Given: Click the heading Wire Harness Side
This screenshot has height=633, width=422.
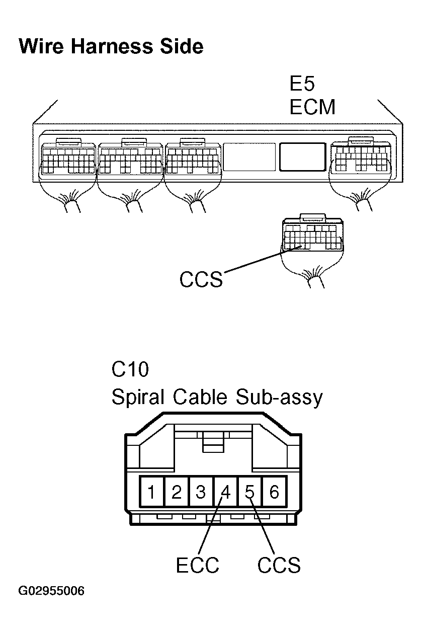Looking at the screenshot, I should click(111, 46).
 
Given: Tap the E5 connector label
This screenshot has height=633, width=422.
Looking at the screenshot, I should click(302, 84).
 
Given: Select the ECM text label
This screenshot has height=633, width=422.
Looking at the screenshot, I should click(312, 107).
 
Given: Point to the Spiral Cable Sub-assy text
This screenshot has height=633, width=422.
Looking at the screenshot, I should click(216, 398).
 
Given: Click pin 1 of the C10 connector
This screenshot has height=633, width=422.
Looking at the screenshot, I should click(151, 492).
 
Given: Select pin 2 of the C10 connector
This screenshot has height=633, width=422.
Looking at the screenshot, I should click(176, 492).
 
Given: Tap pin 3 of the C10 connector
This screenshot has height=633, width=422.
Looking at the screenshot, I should click(201, 492).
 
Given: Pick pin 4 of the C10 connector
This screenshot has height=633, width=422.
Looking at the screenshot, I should click(225, 492).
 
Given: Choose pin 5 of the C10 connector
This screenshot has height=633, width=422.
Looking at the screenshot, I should click(250, 492).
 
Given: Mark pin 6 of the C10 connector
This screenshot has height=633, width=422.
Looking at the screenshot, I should click(274, 492).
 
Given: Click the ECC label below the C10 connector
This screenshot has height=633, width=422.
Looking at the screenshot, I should click(198, 566).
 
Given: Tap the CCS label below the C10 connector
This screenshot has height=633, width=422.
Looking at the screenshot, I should click(279, 566).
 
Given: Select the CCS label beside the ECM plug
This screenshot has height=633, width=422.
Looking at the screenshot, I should click(201, 280).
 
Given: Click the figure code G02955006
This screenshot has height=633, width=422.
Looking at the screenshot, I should click(51, 590).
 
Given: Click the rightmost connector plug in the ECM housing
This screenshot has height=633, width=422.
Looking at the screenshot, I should click(360, 156).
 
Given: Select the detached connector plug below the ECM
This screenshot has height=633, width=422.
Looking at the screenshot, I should click(313, 235).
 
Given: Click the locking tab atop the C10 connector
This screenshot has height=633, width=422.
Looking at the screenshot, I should click(213, 442).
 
